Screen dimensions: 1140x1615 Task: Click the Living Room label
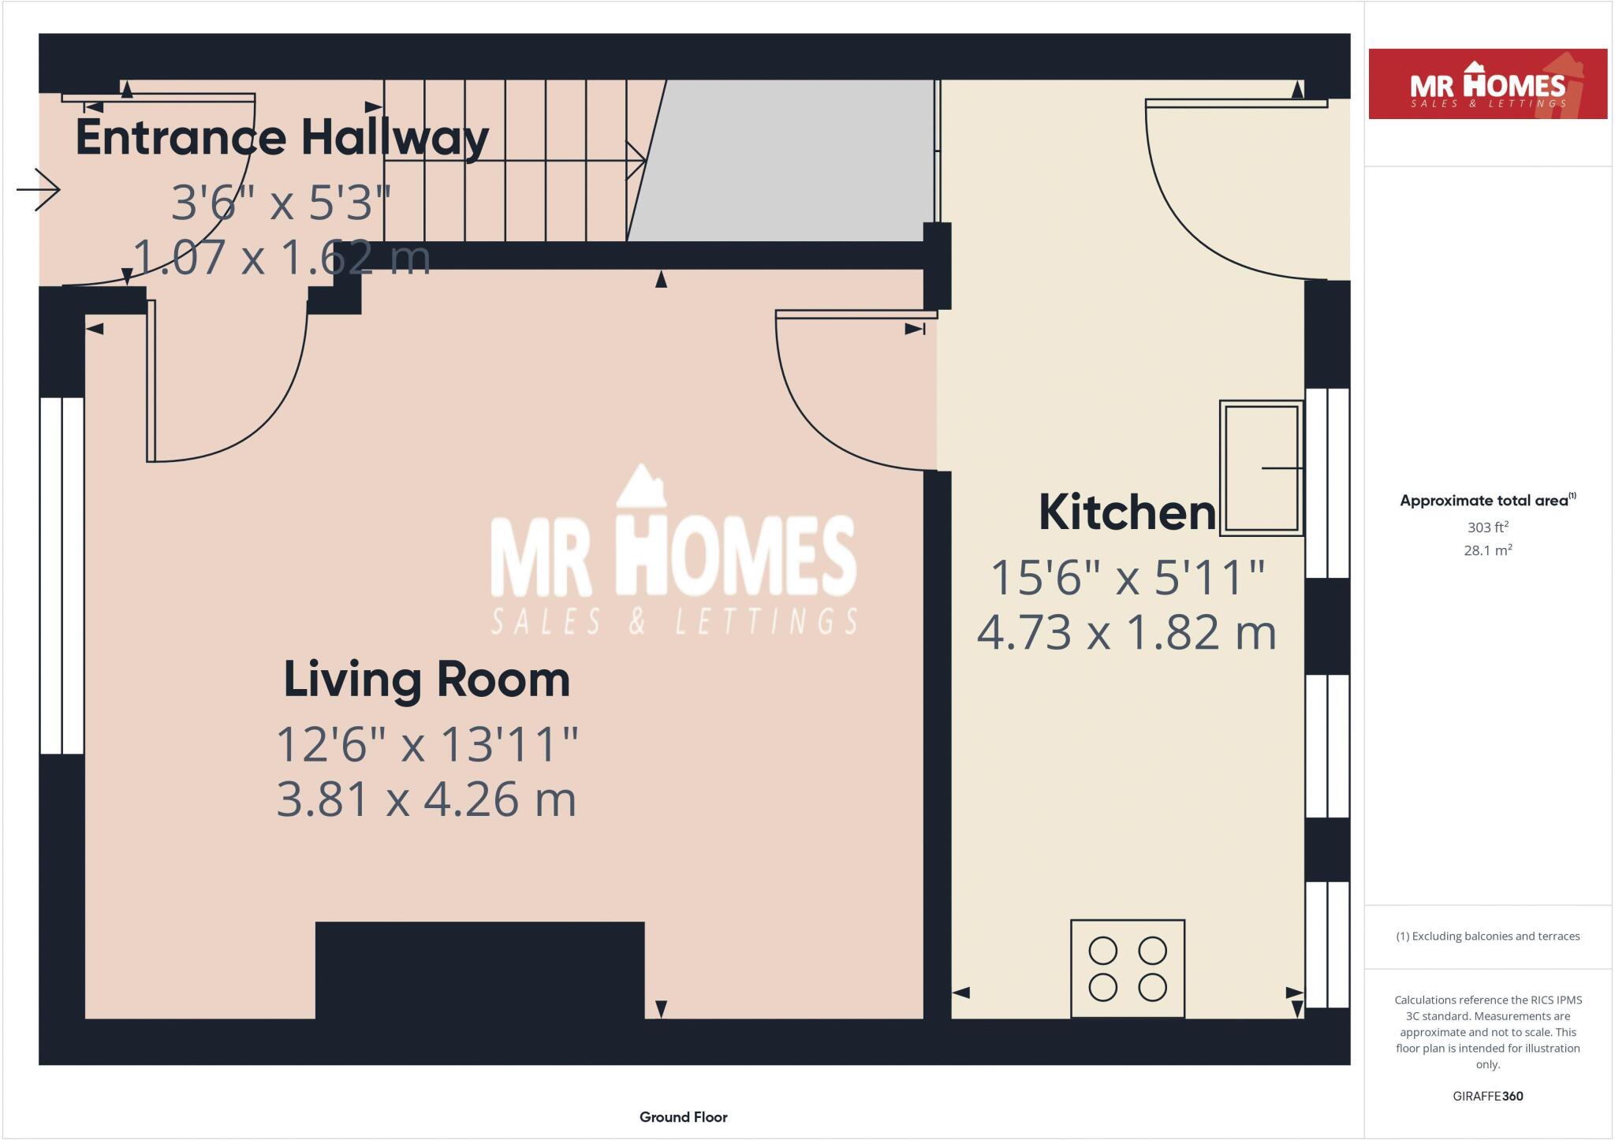coord(427,680)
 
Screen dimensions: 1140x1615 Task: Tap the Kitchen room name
coord(1127,512)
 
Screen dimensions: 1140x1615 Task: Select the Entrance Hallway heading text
coord(282,137)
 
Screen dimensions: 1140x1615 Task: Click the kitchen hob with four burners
coord(1127,969)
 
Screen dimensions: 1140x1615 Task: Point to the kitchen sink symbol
coord(1261,468)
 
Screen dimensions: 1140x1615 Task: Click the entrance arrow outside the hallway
coord(38,189)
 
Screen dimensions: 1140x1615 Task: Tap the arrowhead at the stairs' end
coord(637,161)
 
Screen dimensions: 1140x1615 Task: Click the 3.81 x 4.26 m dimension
coord(427,799)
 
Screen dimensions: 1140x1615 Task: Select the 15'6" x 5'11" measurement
coord(1127,577)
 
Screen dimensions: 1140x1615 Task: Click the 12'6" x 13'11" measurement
coord(427,743)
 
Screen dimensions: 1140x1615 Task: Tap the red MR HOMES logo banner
coord(1487,84)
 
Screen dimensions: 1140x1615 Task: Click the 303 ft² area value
coord(1487,527)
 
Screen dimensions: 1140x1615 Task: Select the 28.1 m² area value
coord(1487,550)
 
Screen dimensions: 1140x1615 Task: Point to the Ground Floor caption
coord(683,1116)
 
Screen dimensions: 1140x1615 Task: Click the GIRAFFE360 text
coord(1487,1096)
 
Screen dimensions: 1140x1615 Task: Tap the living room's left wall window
coord(62,576)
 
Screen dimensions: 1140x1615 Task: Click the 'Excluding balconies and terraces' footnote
coord(1487,937)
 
